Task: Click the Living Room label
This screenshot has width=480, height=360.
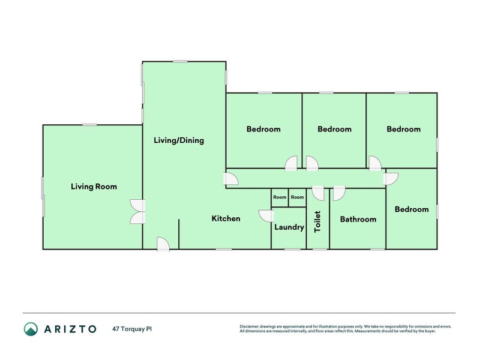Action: click(94, 187)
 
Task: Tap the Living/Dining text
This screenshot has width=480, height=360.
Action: click(179, 140)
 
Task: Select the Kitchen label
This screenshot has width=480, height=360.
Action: click(226, 218)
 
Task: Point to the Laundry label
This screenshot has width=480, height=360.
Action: click(289, 227)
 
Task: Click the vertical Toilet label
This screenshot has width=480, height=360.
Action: click(318, 221)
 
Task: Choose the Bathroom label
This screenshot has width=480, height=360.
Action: click(358, 219)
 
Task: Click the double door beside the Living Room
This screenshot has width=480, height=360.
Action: click(138, 211)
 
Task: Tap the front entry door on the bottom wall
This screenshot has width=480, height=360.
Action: click(163, 244)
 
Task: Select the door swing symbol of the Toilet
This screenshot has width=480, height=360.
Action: click(319, 193)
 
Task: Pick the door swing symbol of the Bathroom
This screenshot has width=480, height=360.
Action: click(339, 193)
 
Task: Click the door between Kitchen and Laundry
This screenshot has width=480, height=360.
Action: click(265, 215)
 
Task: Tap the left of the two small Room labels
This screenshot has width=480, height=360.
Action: click(280, 197)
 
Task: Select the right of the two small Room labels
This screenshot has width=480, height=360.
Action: click(298, 197)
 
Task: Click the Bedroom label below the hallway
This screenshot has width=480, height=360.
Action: click(412, 209)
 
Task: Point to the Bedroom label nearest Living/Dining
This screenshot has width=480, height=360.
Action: click(263, 129)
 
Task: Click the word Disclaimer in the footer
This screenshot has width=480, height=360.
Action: click(250, 326)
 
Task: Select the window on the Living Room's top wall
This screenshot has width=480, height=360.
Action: click(90, 125)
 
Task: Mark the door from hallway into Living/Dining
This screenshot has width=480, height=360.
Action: click(230, 179)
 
